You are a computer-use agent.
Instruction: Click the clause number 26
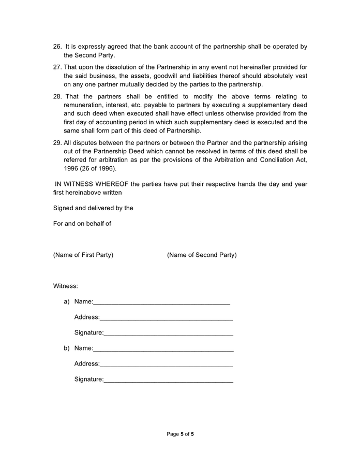(57, 47)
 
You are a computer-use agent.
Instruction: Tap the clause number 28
(57, 97)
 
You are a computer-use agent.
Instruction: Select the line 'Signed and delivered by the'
(93, 208)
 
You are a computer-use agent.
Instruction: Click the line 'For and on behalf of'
(82, 224)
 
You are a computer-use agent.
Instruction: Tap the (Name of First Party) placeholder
(83, 255)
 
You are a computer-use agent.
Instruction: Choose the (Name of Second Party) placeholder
(202, 255)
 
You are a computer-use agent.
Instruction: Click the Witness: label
(66, 286)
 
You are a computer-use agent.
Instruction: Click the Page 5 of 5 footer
(180, 434)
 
